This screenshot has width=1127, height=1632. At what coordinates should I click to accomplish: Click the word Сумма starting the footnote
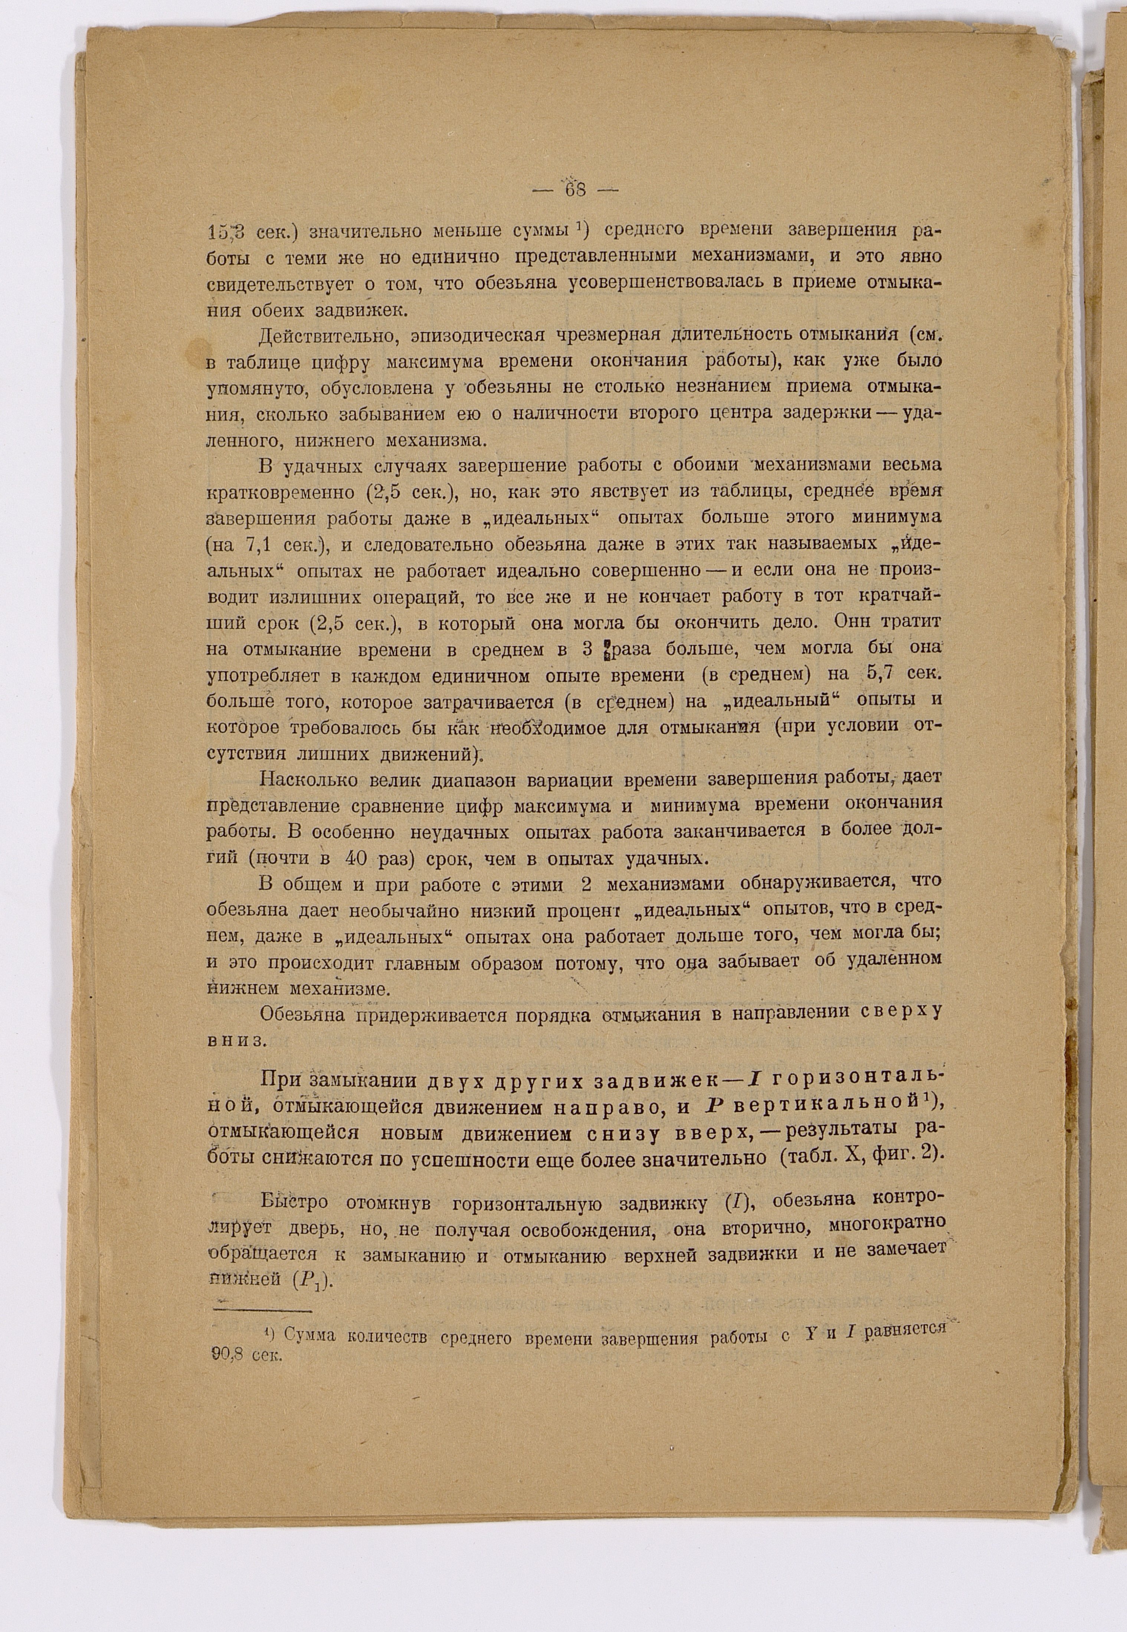pos(309,1335)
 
